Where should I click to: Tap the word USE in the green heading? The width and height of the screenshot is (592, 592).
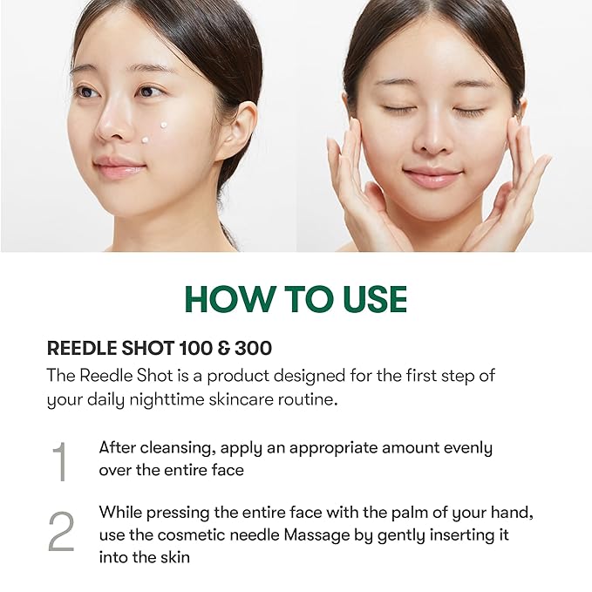tap(371, 299)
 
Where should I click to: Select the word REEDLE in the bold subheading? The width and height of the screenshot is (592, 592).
tap(79, 348)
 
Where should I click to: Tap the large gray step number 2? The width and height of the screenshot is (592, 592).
tap(60, 531)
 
